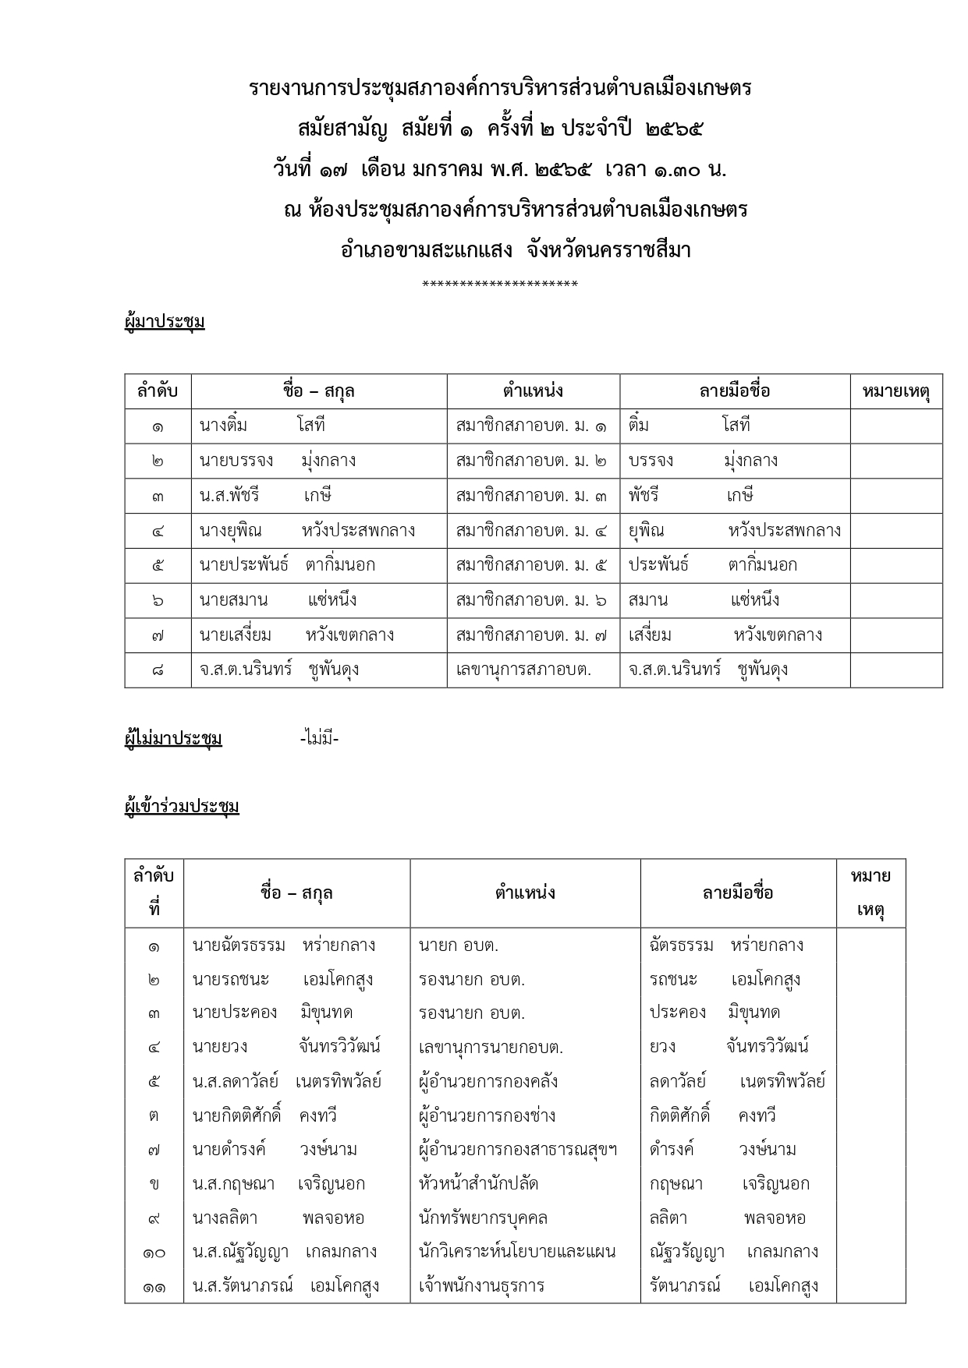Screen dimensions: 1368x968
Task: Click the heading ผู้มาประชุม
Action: [165, 321]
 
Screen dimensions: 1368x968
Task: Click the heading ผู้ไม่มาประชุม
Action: [173, 738]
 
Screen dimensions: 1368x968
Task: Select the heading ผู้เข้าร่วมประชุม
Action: [182, 806]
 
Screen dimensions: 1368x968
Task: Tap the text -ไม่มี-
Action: [319, 738]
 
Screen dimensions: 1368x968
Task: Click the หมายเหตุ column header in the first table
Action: [895, 391]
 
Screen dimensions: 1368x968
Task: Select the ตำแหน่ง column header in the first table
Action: [533, 391]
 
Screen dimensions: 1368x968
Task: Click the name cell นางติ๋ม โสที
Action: [262, 426]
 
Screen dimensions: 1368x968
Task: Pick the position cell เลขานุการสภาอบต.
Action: [523, 670]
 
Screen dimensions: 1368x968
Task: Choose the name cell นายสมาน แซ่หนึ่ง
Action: [278, 600]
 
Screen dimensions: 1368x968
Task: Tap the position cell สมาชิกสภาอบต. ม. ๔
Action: [531, 531]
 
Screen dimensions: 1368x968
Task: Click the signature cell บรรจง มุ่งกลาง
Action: [703, 461]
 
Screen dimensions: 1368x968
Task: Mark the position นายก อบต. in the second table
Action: [458, 946]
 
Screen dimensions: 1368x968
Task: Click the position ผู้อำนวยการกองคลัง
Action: [488, 1082]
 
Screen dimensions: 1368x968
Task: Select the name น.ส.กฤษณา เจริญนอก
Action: [278, 1183]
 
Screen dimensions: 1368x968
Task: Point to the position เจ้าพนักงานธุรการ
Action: [481, 1285]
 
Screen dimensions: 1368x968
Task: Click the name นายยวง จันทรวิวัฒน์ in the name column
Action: [286, 1047]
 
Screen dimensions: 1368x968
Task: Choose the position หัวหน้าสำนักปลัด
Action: [478, 1183]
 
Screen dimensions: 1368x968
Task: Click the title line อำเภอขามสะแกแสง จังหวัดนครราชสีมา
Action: [516, 250]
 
